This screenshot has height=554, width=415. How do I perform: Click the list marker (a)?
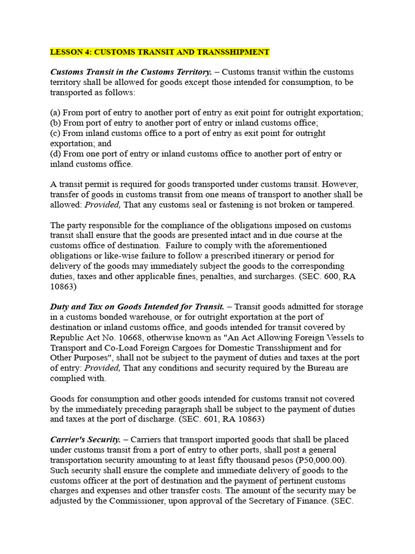(56, 113)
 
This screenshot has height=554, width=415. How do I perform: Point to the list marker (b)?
(56, 123)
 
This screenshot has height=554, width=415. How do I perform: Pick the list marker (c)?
(56, 133)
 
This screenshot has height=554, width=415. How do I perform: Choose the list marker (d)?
(56, 154)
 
